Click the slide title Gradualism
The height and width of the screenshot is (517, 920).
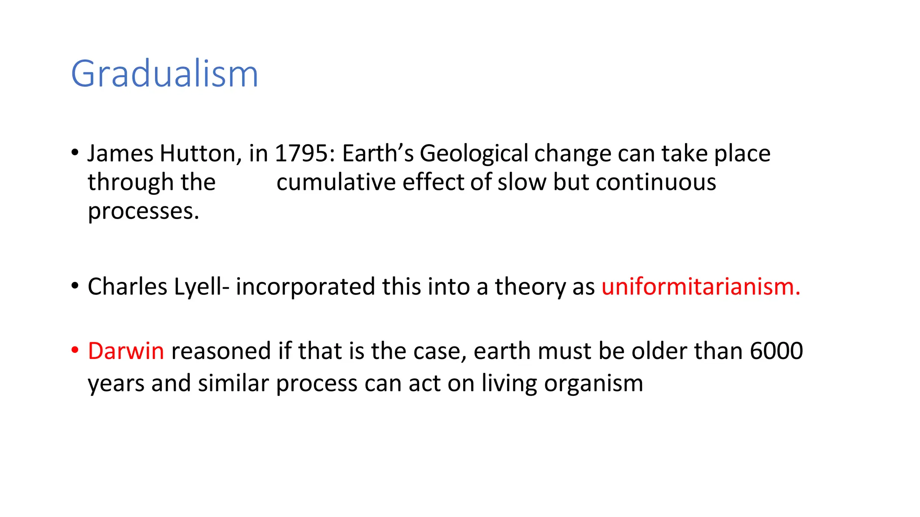coord(164,74)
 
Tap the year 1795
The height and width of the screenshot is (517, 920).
coord(301,153)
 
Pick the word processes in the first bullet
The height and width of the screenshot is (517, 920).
coord(143,212)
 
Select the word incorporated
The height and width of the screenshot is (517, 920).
coord(305,287)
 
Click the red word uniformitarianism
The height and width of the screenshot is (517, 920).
coord(700,287)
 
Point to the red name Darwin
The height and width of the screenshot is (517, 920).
coord(126,351)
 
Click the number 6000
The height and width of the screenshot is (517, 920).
coord(776,351)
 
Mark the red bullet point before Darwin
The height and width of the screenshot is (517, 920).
coord(75,350)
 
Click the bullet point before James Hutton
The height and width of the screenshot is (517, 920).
coord(75,153)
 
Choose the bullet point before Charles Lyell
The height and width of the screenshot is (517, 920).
coord(75,286)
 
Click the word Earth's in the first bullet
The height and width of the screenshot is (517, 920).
coord(378,153)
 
